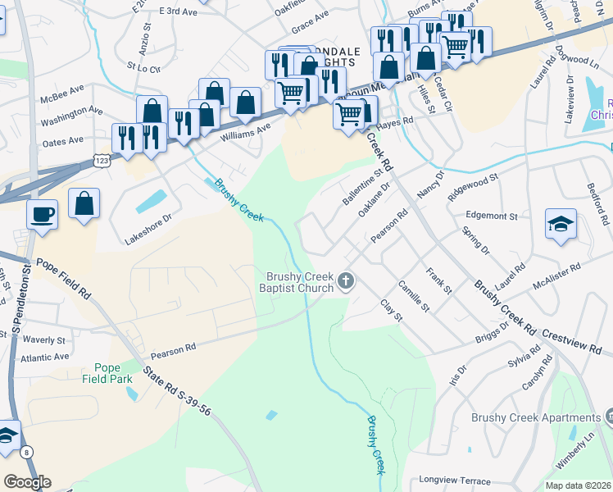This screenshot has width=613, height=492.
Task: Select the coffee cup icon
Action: [x=43, y=215]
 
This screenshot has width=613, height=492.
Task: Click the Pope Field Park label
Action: [x=113, y=373]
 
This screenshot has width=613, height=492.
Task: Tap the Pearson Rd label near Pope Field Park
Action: [x=173, y=348]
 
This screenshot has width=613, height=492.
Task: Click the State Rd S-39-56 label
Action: [x=177, y=394]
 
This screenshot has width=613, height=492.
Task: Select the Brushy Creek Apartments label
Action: [x=537, y=417]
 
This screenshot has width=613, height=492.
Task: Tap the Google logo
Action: [x=27, y=482]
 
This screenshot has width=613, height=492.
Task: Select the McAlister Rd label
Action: [x=556, y=276]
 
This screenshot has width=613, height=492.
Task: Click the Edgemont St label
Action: [x=491, y=216]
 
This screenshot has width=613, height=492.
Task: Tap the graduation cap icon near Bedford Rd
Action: [x=561, y=225]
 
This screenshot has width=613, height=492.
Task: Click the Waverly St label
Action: [x=43, y=339]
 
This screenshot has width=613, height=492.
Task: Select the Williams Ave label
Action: [x=244, y=130]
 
